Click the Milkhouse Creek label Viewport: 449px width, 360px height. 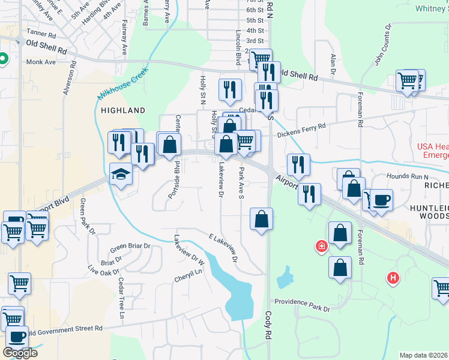coord(122,88)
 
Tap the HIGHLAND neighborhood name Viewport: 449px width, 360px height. coord(123,110)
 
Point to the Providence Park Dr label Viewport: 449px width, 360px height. coord(303,305)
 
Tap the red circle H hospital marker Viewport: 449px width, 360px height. coord(393,278)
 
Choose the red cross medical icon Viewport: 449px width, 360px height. coord(322,246)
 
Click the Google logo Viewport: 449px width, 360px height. coord(20,353)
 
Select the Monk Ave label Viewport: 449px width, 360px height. coord(41,62)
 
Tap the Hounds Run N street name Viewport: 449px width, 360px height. coord(408,177)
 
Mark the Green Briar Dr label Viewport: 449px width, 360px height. coord(130,247)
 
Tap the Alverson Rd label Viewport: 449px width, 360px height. coord(67,77)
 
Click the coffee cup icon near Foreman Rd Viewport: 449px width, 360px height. coord(381,199)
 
